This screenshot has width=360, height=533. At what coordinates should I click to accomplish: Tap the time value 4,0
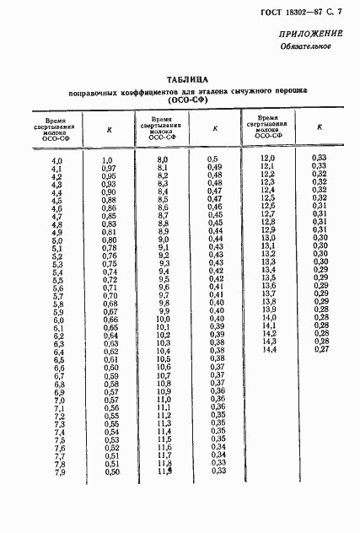[x=57, y=160]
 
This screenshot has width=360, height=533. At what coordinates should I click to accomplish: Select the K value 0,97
[x=108, y=169]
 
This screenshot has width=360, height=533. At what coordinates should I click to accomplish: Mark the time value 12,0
[x=268, y=158]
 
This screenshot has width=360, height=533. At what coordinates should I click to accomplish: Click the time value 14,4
[x=269, y=349]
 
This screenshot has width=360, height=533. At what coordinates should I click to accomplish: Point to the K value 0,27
[x=319, y=349]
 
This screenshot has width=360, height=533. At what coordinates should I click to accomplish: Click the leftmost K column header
[x=108, y=131]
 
